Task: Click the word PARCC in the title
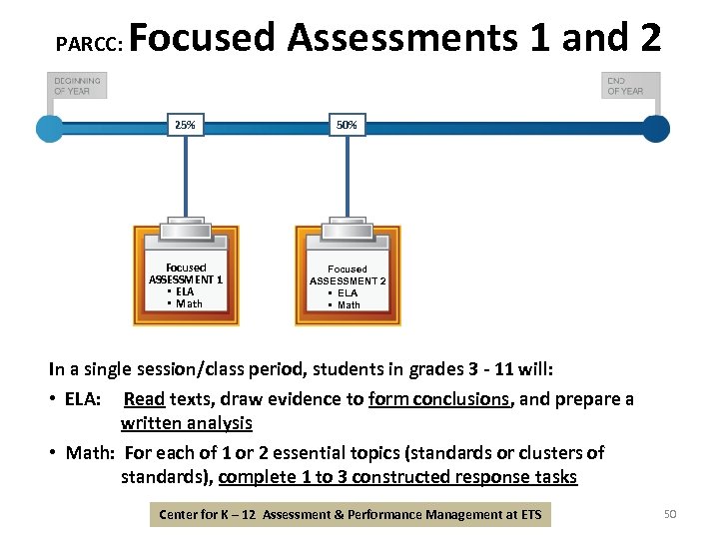(x=88, y=44)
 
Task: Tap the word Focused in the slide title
(x=202, y=38)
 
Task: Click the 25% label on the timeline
(x=185, y=125)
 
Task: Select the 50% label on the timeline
(x=347, y=125)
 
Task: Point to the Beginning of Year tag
(x=77, y=85)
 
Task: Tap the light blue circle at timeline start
(x=49, y=128)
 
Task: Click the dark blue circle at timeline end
(x=655, y=128)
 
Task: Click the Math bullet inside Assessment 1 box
(x=185, y=303)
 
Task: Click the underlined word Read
(x=144, y=399)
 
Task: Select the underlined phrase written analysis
(x=186, y=423)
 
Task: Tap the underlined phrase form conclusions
(x=452, y=399)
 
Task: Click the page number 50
(x=670, y=514)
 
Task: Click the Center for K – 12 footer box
(x=351, y=515)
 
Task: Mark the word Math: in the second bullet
(x=90, y=453)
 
